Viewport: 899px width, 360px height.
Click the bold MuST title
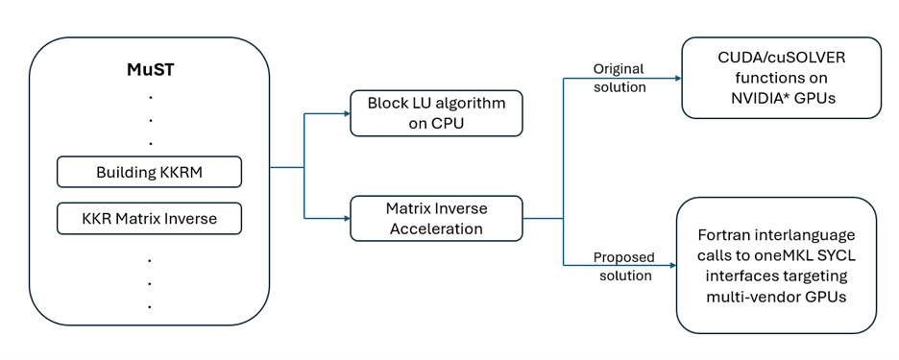150,70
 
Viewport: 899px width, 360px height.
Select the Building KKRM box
149,173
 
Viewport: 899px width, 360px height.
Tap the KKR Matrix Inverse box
149,219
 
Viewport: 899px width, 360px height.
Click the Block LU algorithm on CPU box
436,112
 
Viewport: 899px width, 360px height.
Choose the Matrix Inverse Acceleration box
436,218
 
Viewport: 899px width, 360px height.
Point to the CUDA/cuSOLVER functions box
781,78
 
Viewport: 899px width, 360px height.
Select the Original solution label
619,78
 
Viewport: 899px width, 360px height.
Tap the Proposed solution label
623,266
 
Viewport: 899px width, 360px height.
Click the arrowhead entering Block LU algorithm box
346,113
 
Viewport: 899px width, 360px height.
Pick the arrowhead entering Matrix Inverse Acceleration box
346,218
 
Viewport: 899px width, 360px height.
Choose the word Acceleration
436,228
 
